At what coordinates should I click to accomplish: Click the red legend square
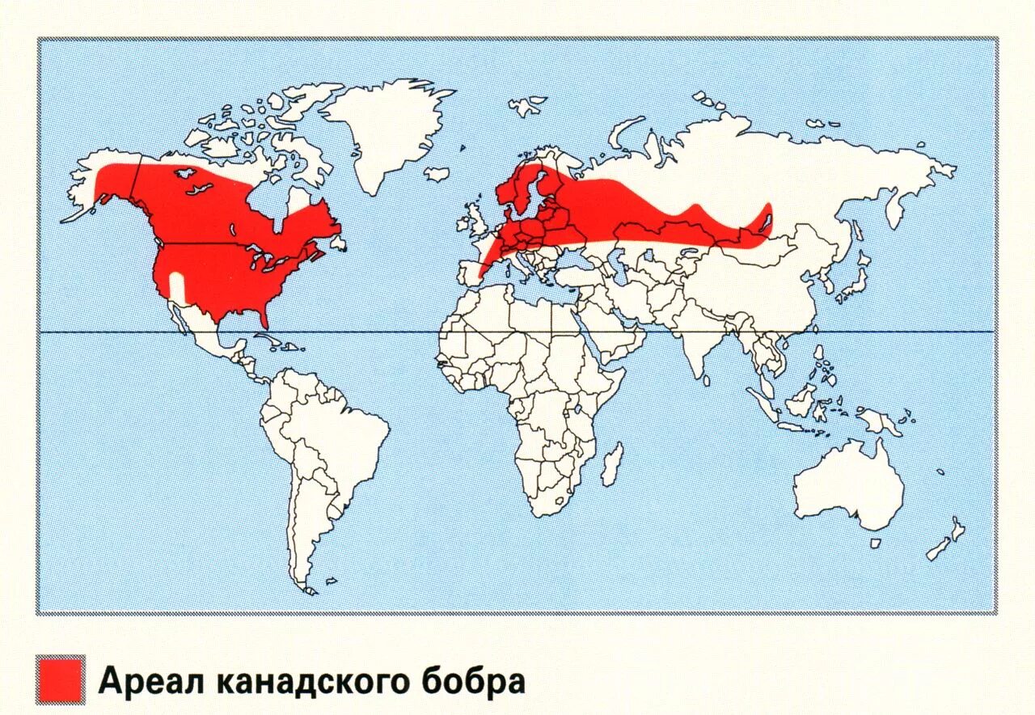pyautogui.click(x=61, y=679)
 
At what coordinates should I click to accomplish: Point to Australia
pyautogui.click(x=849, y=485)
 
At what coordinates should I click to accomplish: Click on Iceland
pyautogui.click(x=437, y=173)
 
